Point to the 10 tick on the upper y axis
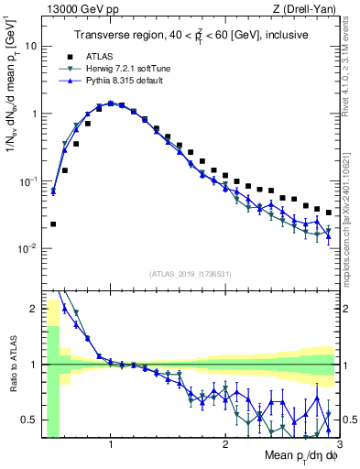coord(30,46)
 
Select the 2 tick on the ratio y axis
coord(32,309)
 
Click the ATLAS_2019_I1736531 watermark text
coord(190,273)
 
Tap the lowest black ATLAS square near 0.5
coord(52,224)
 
